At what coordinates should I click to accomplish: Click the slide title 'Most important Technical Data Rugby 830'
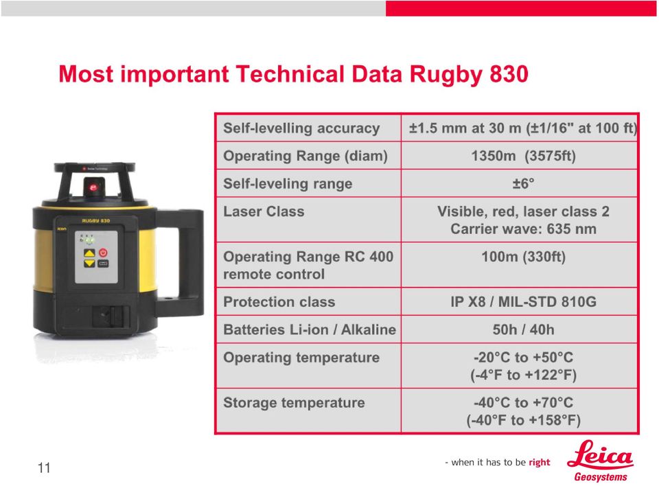pos(293,74)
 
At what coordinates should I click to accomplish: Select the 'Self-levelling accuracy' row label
pos(301,128)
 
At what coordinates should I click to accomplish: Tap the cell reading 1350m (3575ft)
pos(523,156)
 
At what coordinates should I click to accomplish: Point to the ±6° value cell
pos(523,184)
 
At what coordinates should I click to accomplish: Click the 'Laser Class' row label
pos(264,211)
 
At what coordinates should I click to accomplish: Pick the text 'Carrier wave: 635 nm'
pos(523,229)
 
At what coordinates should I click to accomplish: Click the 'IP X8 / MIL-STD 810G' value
pos(523,302)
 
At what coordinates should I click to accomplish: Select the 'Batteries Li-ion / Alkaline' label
pos(310,329)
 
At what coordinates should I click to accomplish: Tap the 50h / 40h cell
pos(523,329)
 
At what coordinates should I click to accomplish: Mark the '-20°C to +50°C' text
pos(523,358)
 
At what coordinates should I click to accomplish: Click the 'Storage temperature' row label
pos(294,403)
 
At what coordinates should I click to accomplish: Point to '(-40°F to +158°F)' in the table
pos(523,420)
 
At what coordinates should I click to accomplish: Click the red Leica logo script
pos(600,455)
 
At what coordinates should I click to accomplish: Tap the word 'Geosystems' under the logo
pos(601,477)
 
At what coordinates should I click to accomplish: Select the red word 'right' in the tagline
pos(540,463)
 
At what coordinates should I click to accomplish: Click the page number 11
pos(44,468)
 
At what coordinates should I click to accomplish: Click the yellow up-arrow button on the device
pos(89,253)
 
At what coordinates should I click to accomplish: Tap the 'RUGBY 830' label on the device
pos(96,221)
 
